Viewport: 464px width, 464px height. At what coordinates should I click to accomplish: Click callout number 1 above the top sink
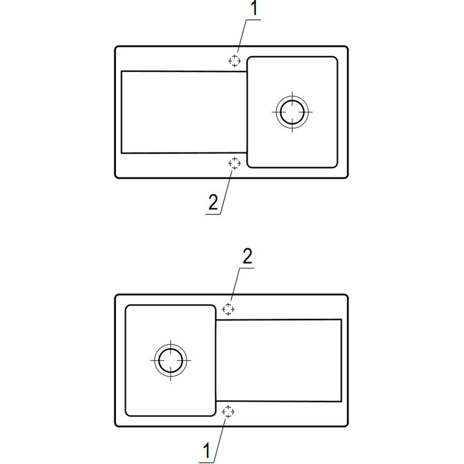(x=254, y=8)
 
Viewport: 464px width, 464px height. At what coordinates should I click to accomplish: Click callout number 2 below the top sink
(x=213, y=202)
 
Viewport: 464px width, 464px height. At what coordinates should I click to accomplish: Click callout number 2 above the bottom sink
(x=248, y=256)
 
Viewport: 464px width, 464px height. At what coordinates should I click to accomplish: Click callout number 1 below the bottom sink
(x=206, y=451)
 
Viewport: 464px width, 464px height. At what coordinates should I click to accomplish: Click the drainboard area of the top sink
(x=184, y=112)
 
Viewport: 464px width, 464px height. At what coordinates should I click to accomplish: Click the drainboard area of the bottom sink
(x=279, y=360)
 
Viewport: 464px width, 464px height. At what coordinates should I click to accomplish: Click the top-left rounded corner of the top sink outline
(x=117, y=48)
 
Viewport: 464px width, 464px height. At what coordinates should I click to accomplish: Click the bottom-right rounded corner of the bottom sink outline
(x=346, y=425)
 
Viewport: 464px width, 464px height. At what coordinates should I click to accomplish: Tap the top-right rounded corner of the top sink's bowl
(x=336, y=59)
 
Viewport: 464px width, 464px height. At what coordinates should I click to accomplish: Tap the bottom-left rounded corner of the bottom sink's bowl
(x=127, y=414)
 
